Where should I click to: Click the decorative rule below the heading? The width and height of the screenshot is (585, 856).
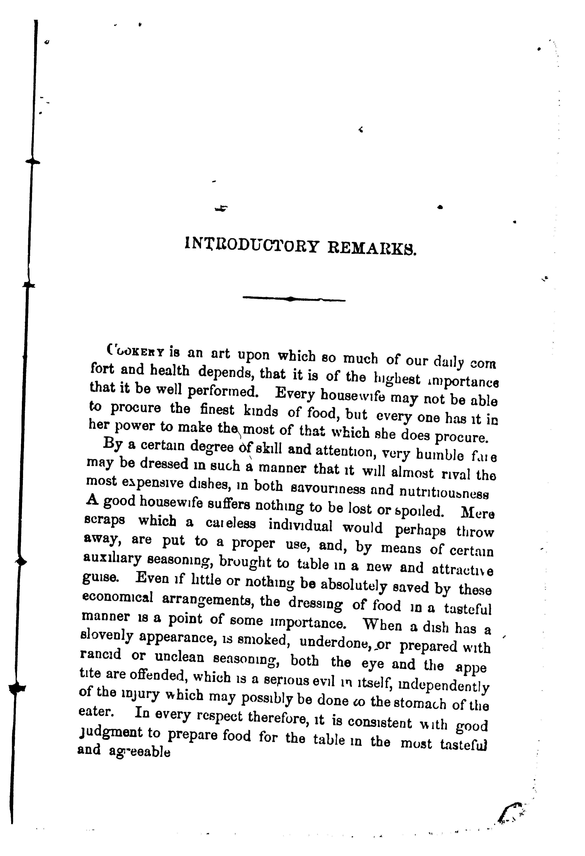tap(294, 299)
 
